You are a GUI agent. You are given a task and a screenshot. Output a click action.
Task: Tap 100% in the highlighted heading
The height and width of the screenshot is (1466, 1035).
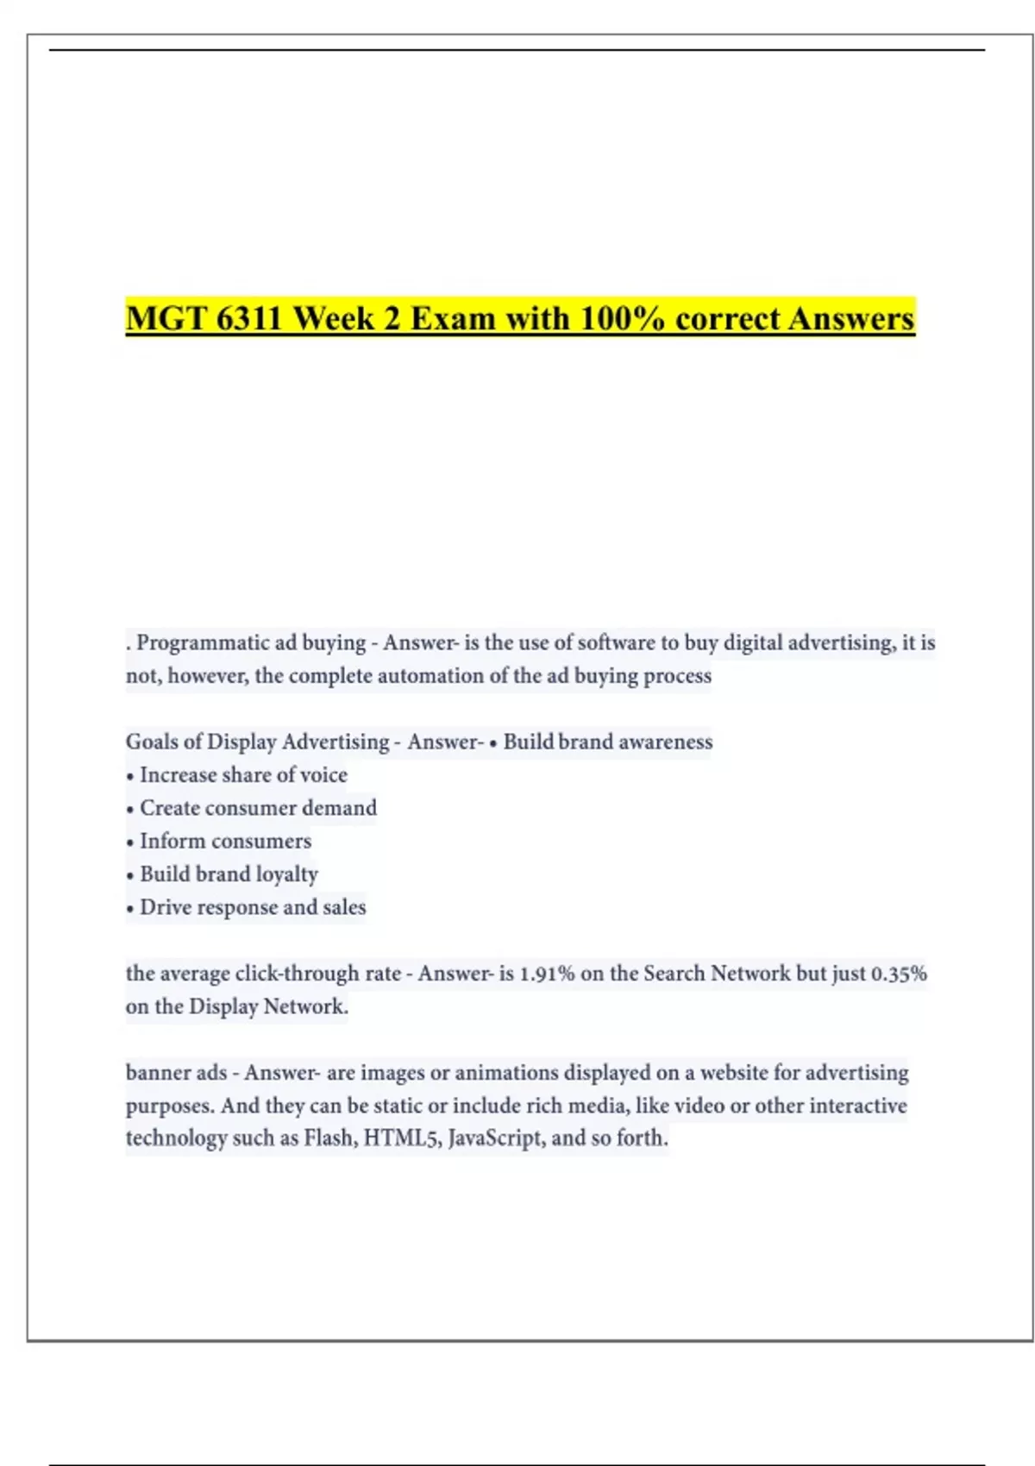(622, 318)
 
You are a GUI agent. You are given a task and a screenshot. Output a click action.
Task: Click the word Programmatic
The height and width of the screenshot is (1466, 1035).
(191, 643)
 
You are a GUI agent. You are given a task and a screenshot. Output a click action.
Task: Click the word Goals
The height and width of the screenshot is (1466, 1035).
(152, 742)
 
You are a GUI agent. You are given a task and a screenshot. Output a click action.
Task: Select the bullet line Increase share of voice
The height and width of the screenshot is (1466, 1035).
(243, 775)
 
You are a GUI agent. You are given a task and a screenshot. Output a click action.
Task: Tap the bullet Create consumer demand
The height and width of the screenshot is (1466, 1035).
(258, 808)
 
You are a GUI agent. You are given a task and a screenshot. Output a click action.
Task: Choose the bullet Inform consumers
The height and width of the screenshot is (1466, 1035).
(225, 841)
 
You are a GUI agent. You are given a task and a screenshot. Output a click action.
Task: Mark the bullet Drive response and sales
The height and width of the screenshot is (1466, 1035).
(253, 907)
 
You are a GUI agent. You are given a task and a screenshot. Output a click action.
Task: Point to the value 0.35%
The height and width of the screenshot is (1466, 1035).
(899, 974)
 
